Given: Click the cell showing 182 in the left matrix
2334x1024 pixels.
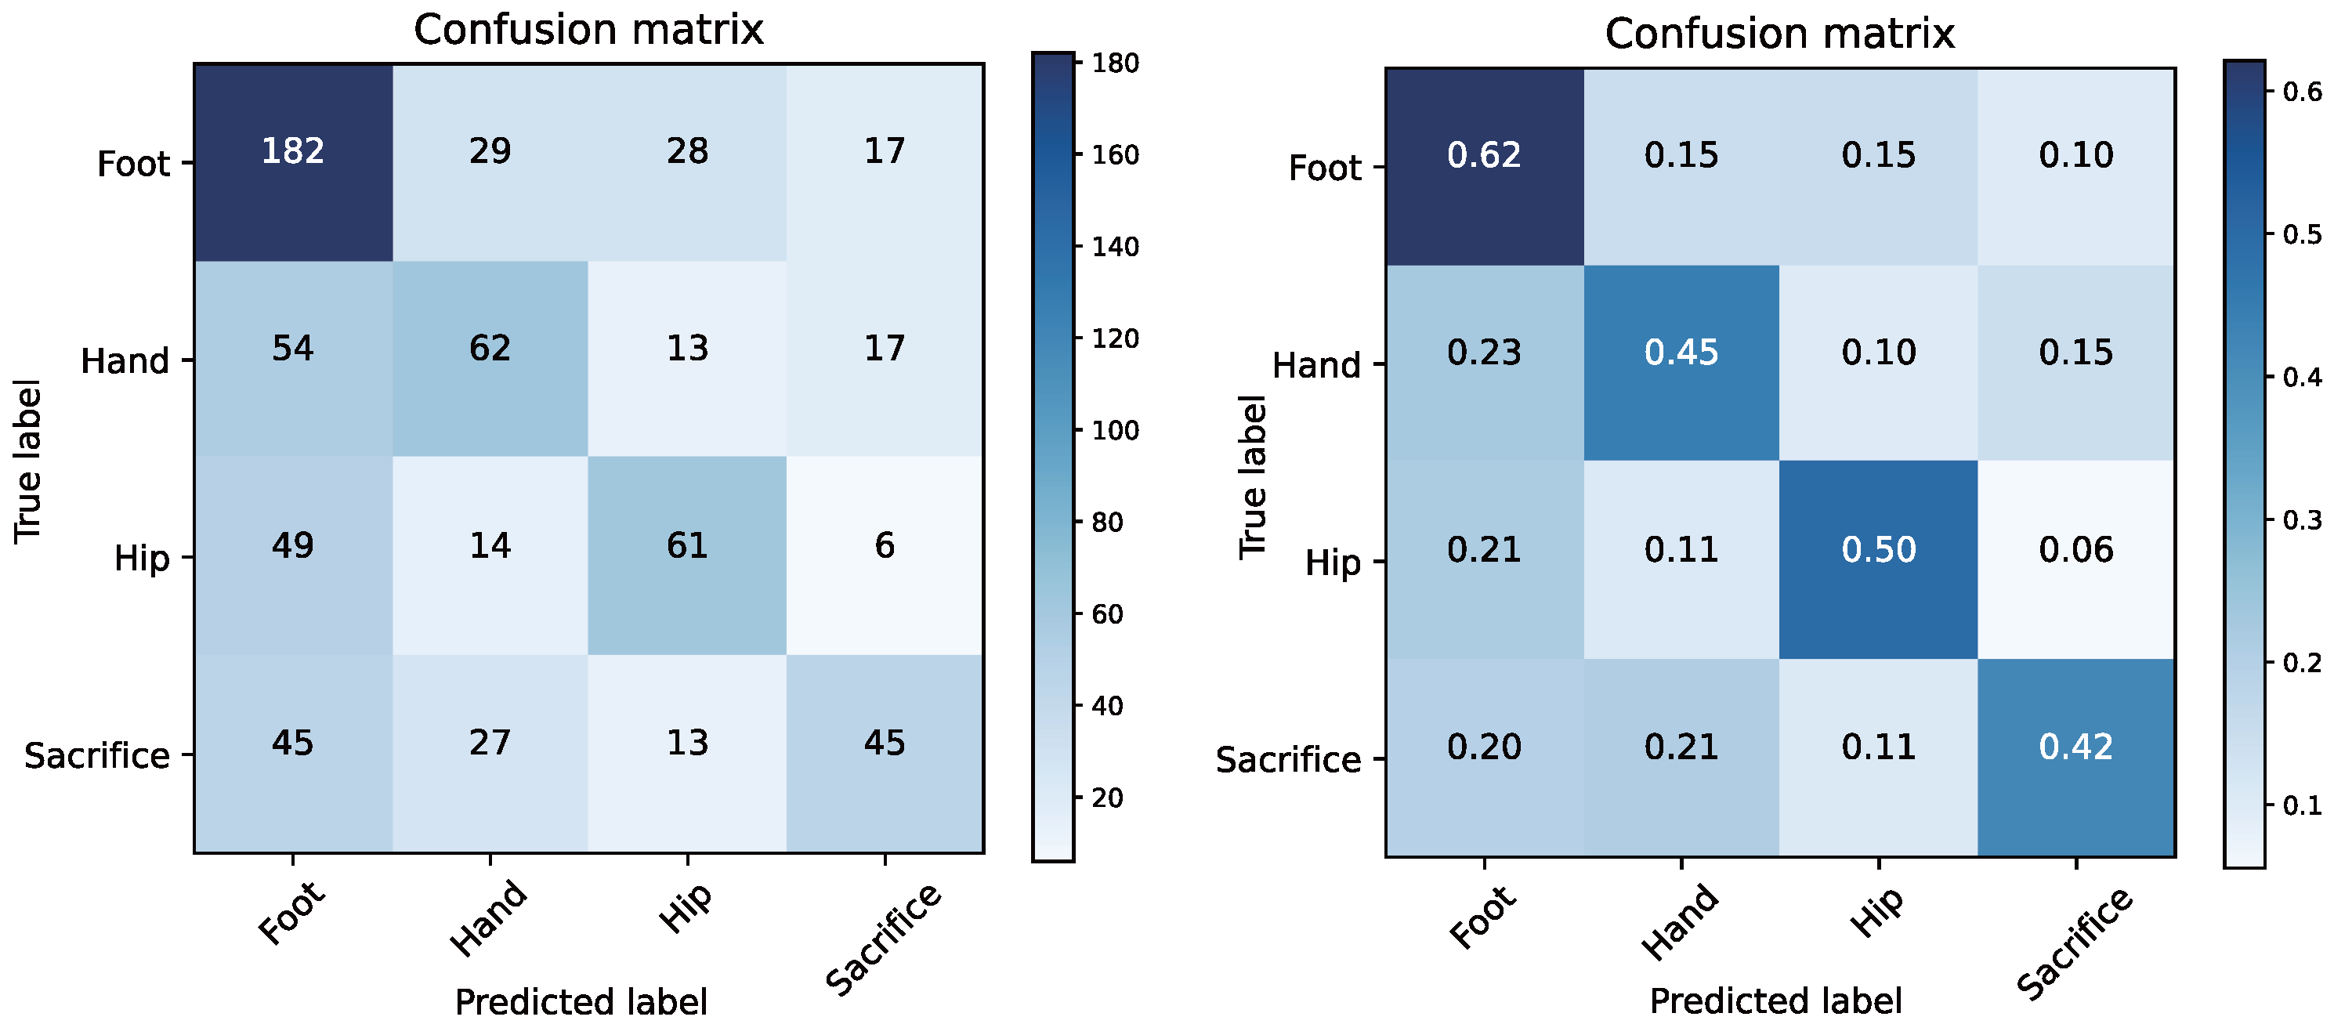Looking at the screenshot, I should tap(293, 151).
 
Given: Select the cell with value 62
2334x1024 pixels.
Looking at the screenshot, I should tap(490, 349).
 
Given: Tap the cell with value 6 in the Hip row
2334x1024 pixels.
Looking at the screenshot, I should tap(885, 545).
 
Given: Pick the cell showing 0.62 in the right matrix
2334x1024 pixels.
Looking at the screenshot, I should tap(1483, 156).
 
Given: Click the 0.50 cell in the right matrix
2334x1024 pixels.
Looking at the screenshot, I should tap(1878, 550).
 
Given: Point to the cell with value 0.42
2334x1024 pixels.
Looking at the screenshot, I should tap(2075, 747).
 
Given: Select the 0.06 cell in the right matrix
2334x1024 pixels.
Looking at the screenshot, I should tap(2075, 550).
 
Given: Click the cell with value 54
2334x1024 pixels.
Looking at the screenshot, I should tap(293, 349).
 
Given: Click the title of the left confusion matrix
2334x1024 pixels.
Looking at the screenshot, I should tap(588, 29).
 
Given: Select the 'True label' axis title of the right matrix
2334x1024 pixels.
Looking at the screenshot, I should tap(1252, 476).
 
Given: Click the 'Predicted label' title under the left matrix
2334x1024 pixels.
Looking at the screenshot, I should tap(581, 1002).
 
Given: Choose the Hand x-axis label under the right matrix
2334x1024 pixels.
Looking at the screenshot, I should tap(1679, 921).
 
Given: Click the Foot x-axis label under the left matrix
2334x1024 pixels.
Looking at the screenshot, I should tap(291, 914).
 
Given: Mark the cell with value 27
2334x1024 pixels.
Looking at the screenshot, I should tap(490, 743).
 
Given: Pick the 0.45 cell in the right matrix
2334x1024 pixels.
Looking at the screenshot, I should tap(1681, 353).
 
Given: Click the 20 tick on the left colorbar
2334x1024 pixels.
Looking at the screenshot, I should tap(1107, 798).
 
